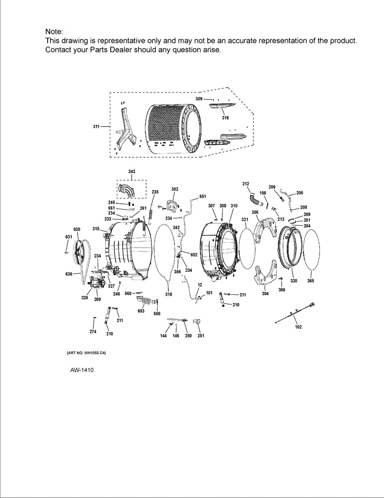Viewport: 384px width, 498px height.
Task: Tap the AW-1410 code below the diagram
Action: click(82, 370)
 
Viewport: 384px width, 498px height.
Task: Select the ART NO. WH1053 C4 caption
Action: click(83, 353)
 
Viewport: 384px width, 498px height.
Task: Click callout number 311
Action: click(97, 126)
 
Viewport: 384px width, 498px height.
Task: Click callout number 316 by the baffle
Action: click(225, 118)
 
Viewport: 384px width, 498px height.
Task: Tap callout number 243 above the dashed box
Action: click(132, 172)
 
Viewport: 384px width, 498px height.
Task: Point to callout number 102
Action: click(299, 327)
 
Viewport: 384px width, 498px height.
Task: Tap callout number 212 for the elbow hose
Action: click(246, 183)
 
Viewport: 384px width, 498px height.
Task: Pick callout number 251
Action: click(200, 336)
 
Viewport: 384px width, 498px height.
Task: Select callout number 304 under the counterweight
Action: click(265, 293)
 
